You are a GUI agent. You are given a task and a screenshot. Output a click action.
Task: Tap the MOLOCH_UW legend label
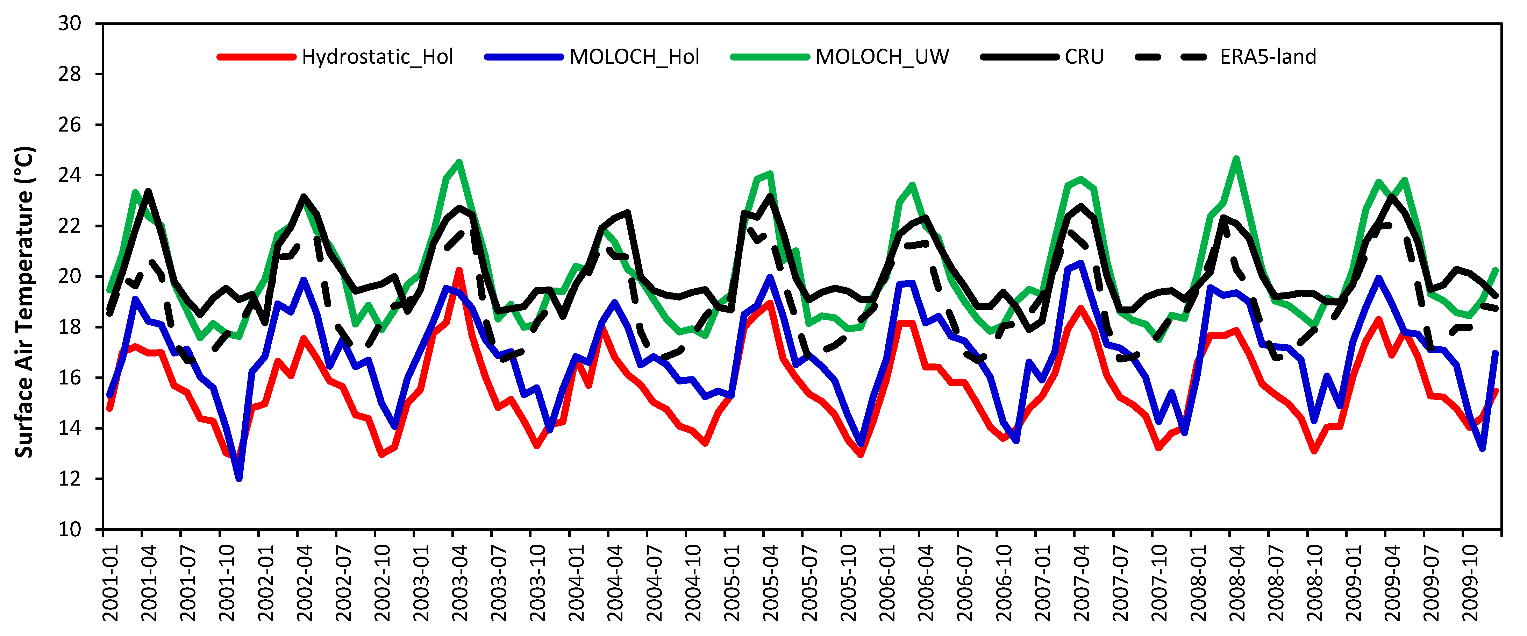tap(882, 57)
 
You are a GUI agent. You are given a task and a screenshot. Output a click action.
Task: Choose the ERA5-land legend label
tap(1267, 57)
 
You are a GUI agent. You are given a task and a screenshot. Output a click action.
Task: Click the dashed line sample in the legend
tap(1171, 57)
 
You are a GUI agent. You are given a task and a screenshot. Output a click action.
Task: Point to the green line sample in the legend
tap(769, 57)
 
